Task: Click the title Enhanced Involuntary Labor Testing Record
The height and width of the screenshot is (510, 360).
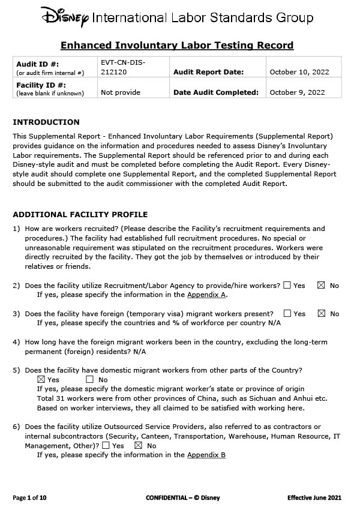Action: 177,45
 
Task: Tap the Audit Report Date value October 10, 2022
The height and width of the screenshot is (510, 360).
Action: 299,72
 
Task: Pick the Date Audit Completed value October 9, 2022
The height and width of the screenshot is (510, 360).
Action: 297,92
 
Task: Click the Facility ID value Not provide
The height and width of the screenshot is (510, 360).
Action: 121,92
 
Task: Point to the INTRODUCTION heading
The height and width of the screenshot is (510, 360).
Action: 46,122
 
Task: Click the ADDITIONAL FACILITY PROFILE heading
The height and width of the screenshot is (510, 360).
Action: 80,214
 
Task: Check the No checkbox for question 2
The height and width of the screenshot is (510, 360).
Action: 320,285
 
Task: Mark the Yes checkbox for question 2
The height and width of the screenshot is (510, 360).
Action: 287,285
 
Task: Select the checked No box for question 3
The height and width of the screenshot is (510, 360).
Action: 320,313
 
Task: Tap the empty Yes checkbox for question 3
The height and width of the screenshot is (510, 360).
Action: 287,313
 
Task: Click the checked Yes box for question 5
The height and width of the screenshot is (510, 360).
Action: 41,379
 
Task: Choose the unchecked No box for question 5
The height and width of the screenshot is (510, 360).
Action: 90,379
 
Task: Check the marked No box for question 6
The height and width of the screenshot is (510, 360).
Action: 138,445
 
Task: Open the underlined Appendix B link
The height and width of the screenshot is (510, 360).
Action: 206,455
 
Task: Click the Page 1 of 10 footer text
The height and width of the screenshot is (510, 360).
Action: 29,498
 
